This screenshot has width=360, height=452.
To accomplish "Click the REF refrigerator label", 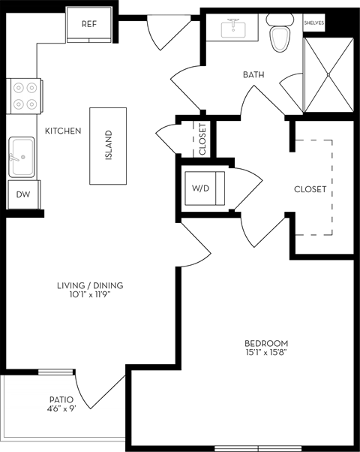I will (x=89, y=23).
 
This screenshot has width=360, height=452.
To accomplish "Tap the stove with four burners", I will (x=24, y=96).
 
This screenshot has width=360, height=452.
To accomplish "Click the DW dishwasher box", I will (x=23, y=194).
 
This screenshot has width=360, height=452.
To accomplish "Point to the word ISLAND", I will (x=109, y=145).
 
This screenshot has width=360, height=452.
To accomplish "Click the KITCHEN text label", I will (x=63, y=131).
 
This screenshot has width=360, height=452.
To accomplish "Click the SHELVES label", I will (x=313, y=23).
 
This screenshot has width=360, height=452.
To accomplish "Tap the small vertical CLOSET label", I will (x=202, y=138).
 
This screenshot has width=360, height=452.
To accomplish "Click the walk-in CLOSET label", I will (x=310, y=189).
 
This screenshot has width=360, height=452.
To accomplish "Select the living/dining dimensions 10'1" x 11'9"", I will (x=90, y=295).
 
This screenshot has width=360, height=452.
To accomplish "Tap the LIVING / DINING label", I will (x=90, y=285).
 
